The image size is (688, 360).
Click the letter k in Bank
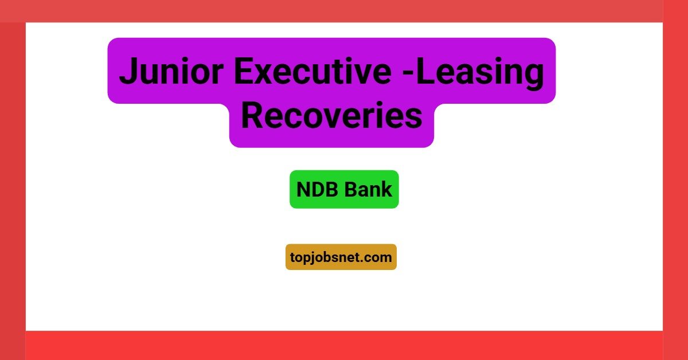pyautogui.click(x=387, y=189)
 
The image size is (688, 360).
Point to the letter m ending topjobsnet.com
pyautogui.click(x=385, y=258)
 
